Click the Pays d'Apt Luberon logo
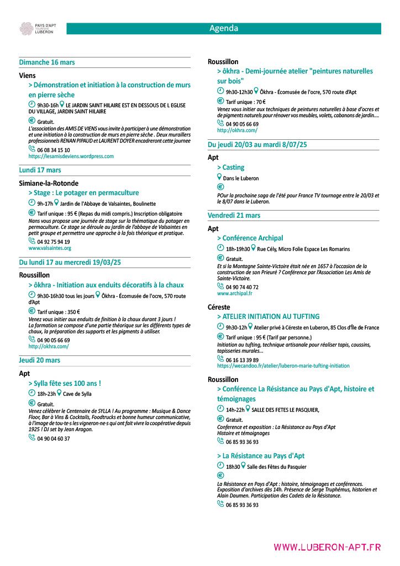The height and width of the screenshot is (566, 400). click(37, 29)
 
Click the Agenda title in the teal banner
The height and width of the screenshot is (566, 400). click(224, 29)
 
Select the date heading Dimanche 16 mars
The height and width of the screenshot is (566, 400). click(47, 62)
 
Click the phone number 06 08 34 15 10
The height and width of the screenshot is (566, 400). click(54, 150)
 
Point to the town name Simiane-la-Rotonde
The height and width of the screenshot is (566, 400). click(49, 183)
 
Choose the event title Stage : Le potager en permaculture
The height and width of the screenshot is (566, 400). click(83, 193)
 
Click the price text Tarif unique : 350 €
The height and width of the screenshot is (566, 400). click(58, 312)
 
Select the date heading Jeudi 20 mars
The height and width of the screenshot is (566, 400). click(40, 360)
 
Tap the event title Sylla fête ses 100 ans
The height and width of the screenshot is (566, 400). click(65, 383)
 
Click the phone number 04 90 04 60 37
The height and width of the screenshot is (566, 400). click(54, 439)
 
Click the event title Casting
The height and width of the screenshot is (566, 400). click(230, 167)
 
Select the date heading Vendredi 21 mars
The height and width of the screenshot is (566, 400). click(234, 216)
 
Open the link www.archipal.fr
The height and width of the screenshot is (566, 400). click(234, 294)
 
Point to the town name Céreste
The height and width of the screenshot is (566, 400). click(219, 307)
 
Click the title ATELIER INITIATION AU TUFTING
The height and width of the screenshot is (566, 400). click(269, 317)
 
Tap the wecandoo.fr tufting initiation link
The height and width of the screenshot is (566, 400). click(283, 366)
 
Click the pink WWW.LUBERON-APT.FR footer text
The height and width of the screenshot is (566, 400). click(327, 547)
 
